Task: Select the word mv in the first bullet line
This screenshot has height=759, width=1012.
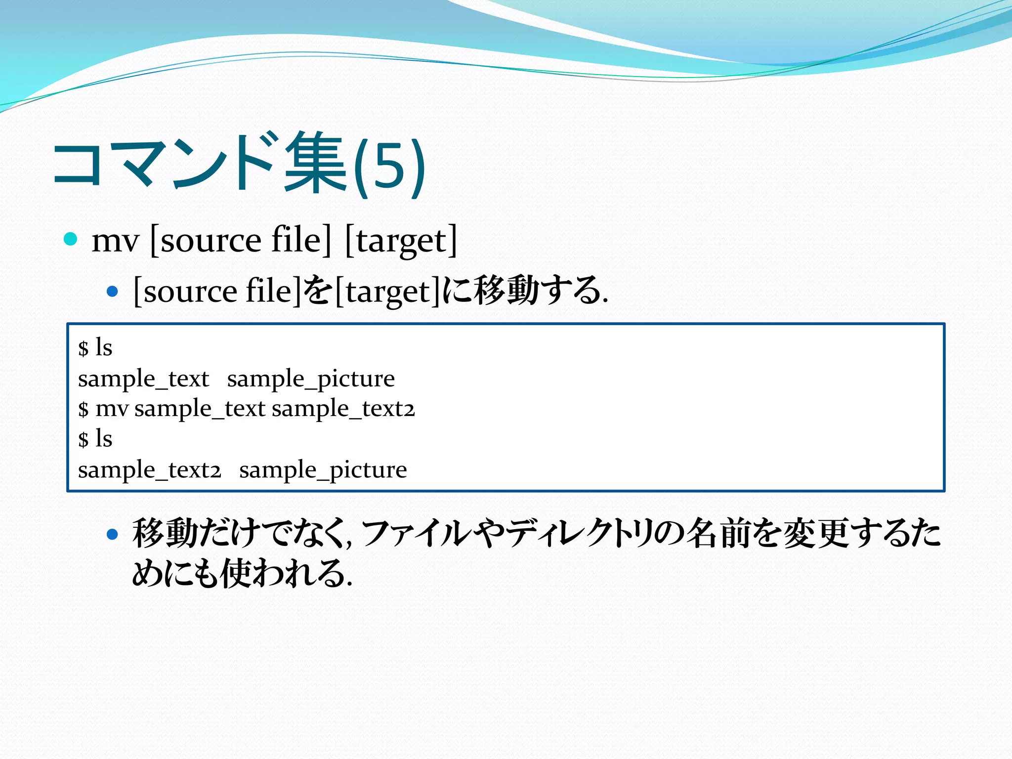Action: click(115, 241)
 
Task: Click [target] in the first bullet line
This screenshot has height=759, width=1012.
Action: click(401, 241)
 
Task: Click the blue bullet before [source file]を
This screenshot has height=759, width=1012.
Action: click(113, 292)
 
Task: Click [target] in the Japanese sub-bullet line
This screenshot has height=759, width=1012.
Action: click(388, 292)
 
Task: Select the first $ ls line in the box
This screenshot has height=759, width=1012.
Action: click(95, 348)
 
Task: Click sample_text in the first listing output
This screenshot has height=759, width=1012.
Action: click(143, 379)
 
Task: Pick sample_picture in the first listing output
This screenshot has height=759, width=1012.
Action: click(311, 379)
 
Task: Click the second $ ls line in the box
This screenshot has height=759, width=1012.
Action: click(95, 439)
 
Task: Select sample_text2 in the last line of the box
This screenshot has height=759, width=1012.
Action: click(149, 470)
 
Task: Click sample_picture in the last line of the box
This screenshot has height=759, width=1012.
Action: click(323, 470)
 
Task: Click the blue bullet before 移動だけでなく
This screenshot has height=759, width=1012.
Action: click(113, 534)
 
